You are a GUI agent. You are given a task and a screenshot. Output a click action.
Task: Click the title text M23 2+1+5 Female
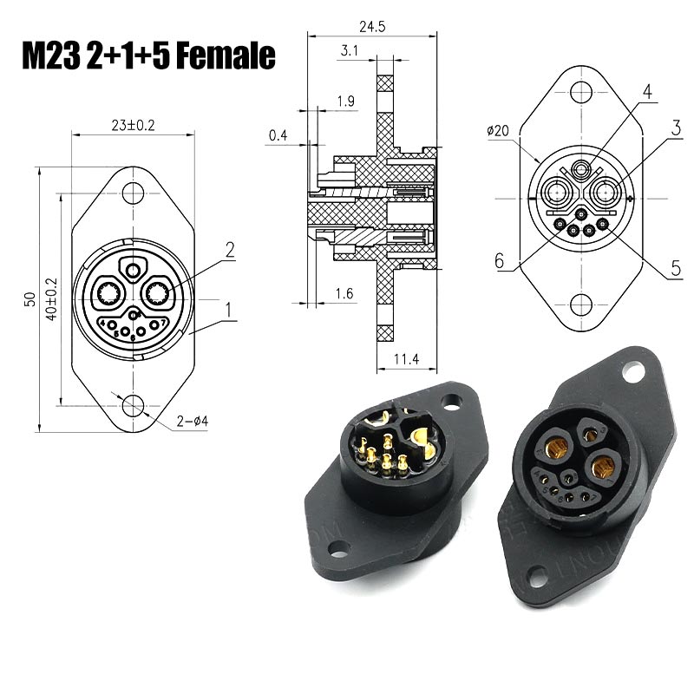click(x=147, y=56)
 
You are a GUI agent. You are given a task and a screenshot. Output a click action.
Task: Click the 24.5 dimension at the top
click(x=371, y=26)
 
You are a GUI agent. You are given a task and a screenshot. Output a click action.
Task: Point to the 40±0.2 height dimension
click(x=51, y=299)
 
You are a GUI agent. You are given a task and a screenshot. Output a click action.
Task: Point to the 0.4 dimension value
click(x=278, y=135)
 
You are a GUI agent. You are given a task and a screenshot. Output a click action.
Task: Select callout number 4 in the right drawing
click(x=645, y=91)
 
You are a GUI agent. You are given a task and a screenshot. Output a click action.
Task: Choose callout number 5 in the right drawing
click(x=676, y=269)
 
